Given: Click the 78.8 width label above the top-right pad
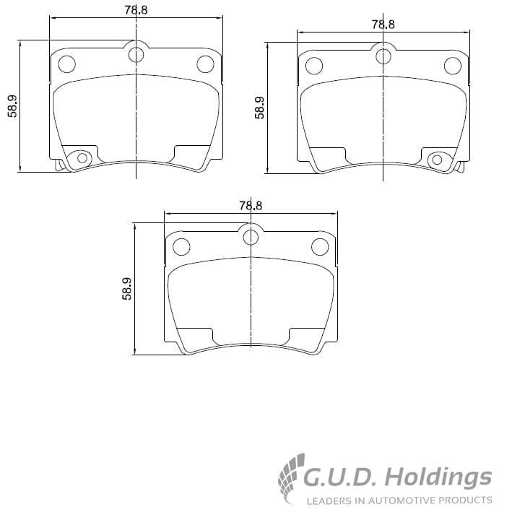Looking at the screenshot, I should pos(383,24).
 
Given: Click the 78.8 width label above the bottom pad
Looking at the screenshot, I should pos(250,205).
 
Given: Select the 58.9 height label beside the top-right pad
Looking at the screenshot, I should pos(259,108).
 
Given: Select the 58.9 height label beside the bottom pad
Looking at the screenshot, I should pos(127,289).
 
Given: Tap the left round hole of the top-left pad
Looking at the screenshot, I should pos(66,64).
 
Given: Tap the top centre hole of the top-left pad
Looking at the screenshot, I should pos(136,54).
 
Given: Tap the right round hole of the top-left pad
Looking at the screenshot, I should pos(205,64).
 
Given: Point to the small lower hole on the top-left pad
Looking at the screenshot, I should pos(82,157).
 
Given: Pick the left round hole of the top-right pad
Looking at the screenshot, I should pos(313,66).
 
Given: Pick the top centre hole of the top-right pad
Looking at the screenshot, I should pos(383,56).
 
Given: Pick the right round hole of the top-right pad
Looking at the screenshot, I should pos(452,66).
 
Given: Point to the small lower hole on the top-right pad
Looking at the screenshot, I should pos(437,159).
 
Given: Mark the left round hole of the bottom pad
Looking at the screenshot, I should pos(181,247).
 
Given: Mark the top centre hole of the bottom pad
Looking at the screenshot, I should pos(250,237).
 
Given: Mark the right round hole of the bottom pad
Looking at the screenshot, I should pos(319,247).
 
